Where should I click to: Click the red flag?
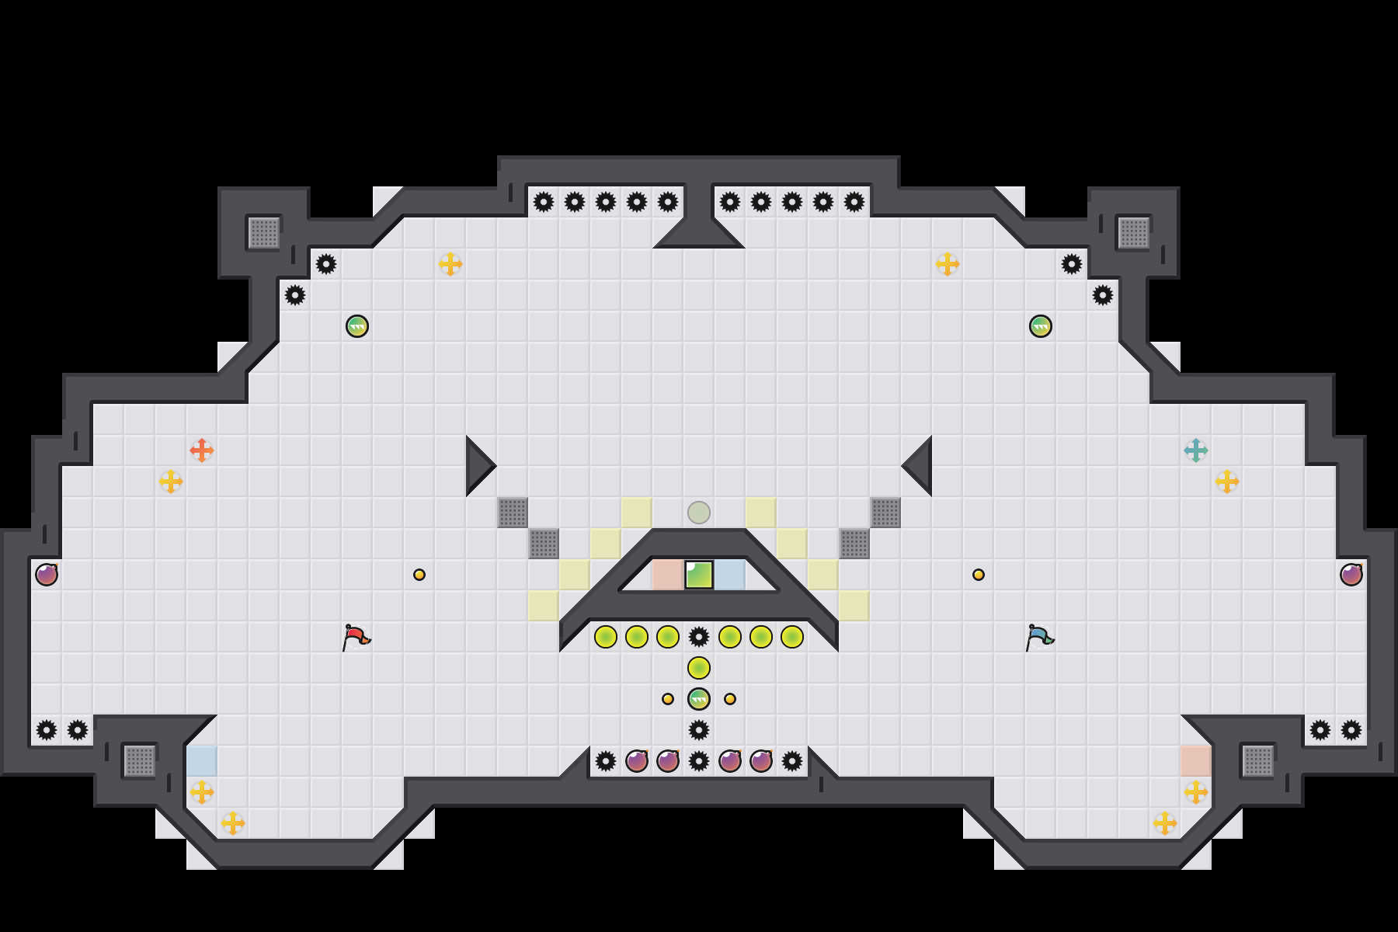pyautogui.click(x=356, y=637)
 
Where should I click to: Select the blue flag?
pyautogui.click(x=1039, y=637)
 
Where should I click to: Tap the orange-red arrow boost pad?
pyautogui.click(x=202, y=450)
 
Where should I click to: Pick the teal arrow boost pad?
pyautogui.click(x=1196, y=450)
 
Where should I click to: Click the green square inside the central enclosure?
pyautogui.click(x=699, y=575)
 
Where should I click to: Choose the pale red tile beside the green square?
pyautogui.click(x=667, y=575)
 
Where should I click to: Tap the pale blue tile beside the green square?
pyautogui.click(x=730, y=575)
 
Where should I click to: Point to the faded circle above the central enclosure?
pyautogui.click(x=699, y=513)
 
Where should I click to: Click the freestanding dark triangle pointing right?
pyautogui.click(x=478, y=466)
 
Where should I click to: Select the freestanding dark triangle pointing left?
pyautogui.click(x=920, y=466)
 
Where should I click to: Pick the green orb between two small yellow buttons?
pyautogui.click(x=699, y=699)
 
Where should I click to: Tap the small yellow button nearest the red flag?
pyautogui.click(x=419, y=575)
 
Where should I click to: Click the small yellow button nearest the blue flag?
pyautogui.click(x=979, y=575)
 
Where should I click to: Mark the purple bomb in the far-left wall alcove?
pyautogui.click(x=47, y=575)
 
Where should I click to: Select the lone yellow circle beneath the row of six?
pyautogui.click(x=699, y=668)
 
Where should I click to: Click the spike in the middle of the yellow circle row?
pyautogui.click(x=699, y=637)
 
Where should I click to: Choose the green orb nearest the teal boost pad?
pyautogui.click(x=1041, y=326)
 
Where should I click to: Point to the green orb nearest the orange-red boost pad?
pyautogui.click(x=357, y=326)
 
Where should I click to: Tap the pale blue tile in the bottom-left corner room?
pyautogui.click(x=202, y=761)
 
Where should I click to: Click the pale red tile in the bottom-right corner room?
pyautogui.click(x=1196, y=761)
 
